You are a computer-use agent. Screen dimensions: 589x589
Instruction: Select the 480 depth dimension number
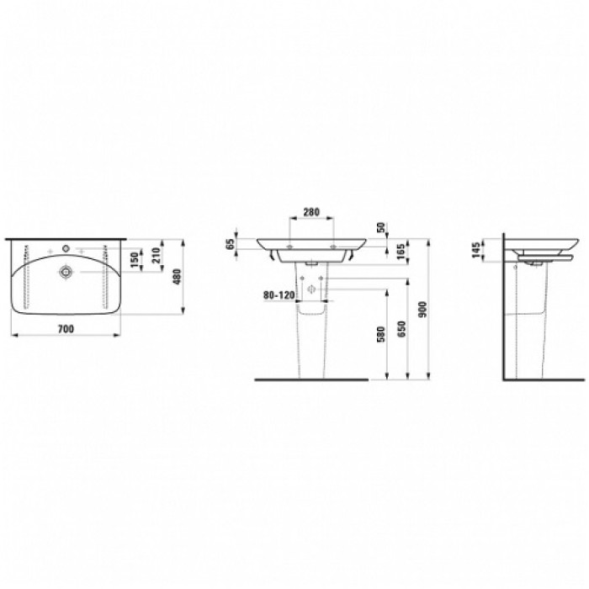coord(178,277)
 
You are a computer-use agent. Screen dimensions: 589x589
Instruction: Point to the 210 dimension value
coord(158,255)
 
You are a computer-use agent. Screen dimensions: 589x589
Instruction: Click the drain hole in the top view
coord(65,272)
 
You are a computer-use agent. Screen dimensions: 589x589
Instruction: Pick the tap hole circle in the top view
coord(65,250)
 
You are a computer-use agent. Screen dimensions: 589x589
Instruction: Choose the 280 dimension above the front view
coord(310,213)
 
